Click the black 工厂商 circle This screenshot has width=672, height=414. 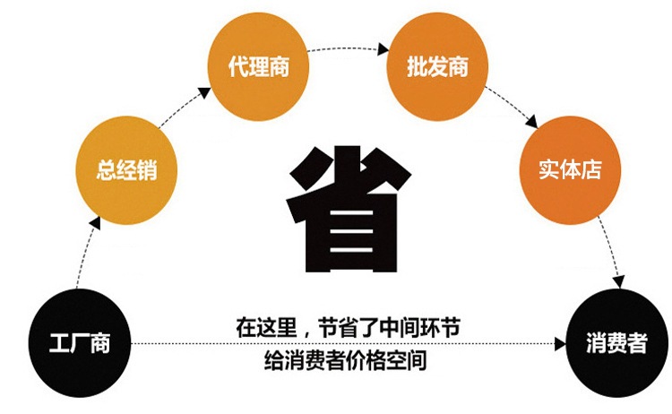click(80, 341)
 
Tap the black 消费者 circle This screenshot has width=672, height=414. click(616, 341)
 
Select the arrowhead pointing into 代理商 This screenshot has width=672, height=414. click(205, 91)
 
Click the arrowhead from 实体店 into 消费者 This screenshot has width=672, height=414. click(617, 284)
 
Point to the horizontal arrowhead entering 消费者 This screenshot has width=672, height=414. click(562, 342)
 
